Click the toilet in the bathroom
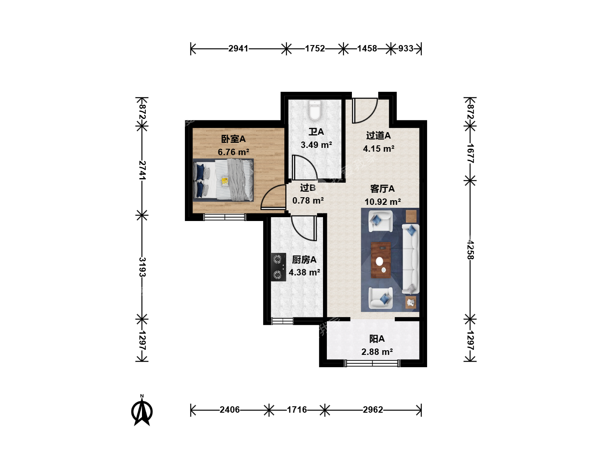[x=315, y=110]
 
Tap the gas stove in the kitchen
[x=278, y=267]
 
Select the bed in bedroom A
[x=223, y=180]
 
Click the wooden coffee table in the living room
[x=380, y=260]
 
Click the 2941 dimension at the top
[x=238, y=48]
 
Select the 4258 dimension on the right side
[x=470, y=250]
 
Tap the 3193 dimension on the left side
[x=142, y=267]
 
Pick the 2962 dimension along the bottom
[x=373, y=410]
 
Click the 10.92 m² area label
[x=382, y=201]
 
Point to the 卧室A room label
[x=233, y=139]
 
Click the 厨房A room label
[x=304, y=260]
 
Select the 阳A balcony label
[x=377, y=339]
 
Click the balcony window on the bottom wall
[x=372, y=363]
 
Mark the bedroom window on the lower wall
[x=225, y=217]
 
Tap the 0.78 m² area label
[x=308, y=200]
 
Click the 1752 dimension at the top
[x=315, y=48]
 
